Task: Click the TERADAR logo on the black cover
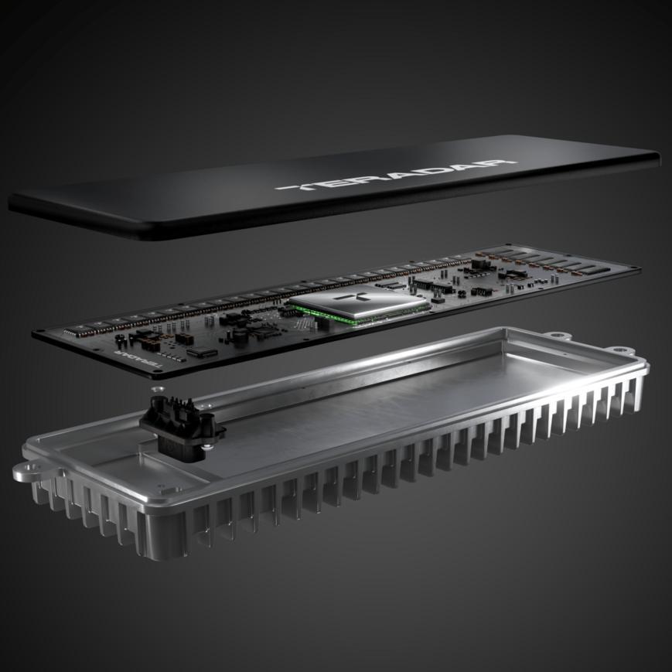[395, 175]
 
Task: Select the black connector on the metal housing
[180, 428]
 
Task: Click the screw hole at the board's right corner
[634, 270]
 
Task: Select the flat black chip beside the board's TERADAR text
[201, 353]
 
